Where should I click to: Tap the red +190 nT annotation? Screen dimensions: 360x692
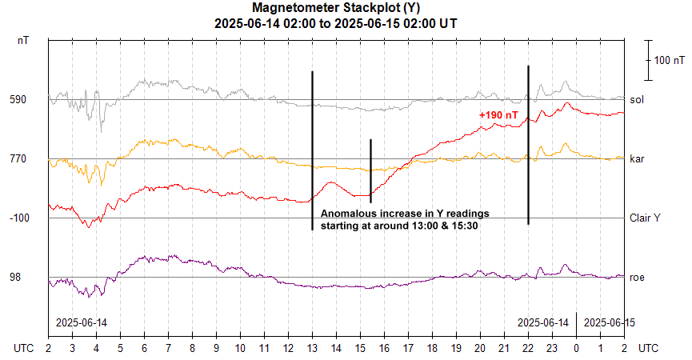click(x=498, y=115)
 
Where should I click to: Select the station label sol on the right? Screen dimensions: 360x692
click(x=637, y=100)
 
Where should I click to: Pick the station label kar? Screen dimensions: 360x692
click(x=637, y=159)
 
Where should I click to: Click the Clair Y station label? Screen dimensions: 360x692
click(x=646, y=218)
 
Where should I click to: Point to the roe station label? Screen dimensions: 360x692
click(x=638, y=277)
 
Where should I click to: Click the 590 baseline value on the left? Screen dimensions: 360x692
click(x=19, y=100)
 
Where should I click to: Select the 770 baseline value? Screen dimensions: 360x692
click(x=19, y=159)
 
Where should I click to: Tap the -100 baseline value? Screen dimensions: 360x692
click(x=19, y=218)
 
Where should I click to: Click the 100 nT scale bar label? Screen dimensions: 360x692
click(x=670, y=60)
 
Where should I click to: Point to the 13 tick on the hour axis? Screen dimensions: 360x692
click(x=312, y=349)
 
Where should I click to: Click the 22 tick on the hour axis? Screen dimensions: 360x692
click(x=528, y=349)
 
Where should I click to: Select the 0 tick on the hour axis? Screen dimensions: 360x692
click(x=576, y=349)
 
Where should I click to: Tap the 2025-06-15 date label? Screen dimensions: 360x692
click(x=609, y=322)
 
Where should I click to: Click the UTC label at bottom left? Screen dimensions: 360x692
click(x=25, y=349)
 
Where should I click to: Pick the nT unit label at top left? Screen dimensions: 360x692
click(x=25, y=40)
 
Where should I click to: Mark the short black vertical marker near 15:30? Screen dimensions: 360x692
click(x=370, y=170)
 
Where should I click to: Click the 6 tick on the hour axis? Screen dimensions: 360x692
click(x=144, y=349)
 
